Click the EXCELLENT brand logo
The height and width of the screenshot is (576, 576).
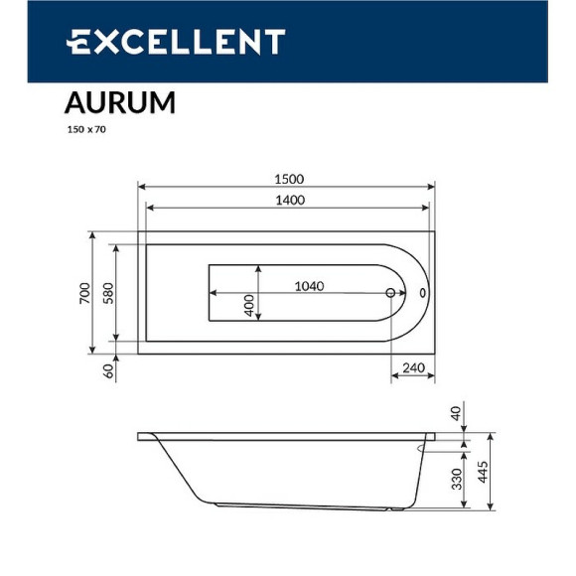coord(176,42)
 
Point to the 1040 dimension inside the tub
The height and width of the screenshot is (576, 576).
coord(310,286)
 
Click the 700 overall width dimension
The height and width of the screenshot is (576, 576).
coord(85,293)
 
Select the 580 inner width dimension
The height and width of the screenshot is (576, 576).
coord(108,293)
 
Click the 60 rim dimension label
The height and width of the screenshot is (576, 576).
coord(108,370)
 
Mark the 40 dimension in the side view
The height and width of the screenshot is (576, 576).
coord(457,413)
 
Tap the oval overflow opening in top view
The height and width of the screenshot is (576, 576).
coord(424,294)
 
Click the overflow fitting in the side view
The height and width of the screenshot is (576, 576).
coord(422,449)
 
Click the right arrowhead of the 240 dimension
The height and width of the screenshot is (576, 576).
coord(432,376)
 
